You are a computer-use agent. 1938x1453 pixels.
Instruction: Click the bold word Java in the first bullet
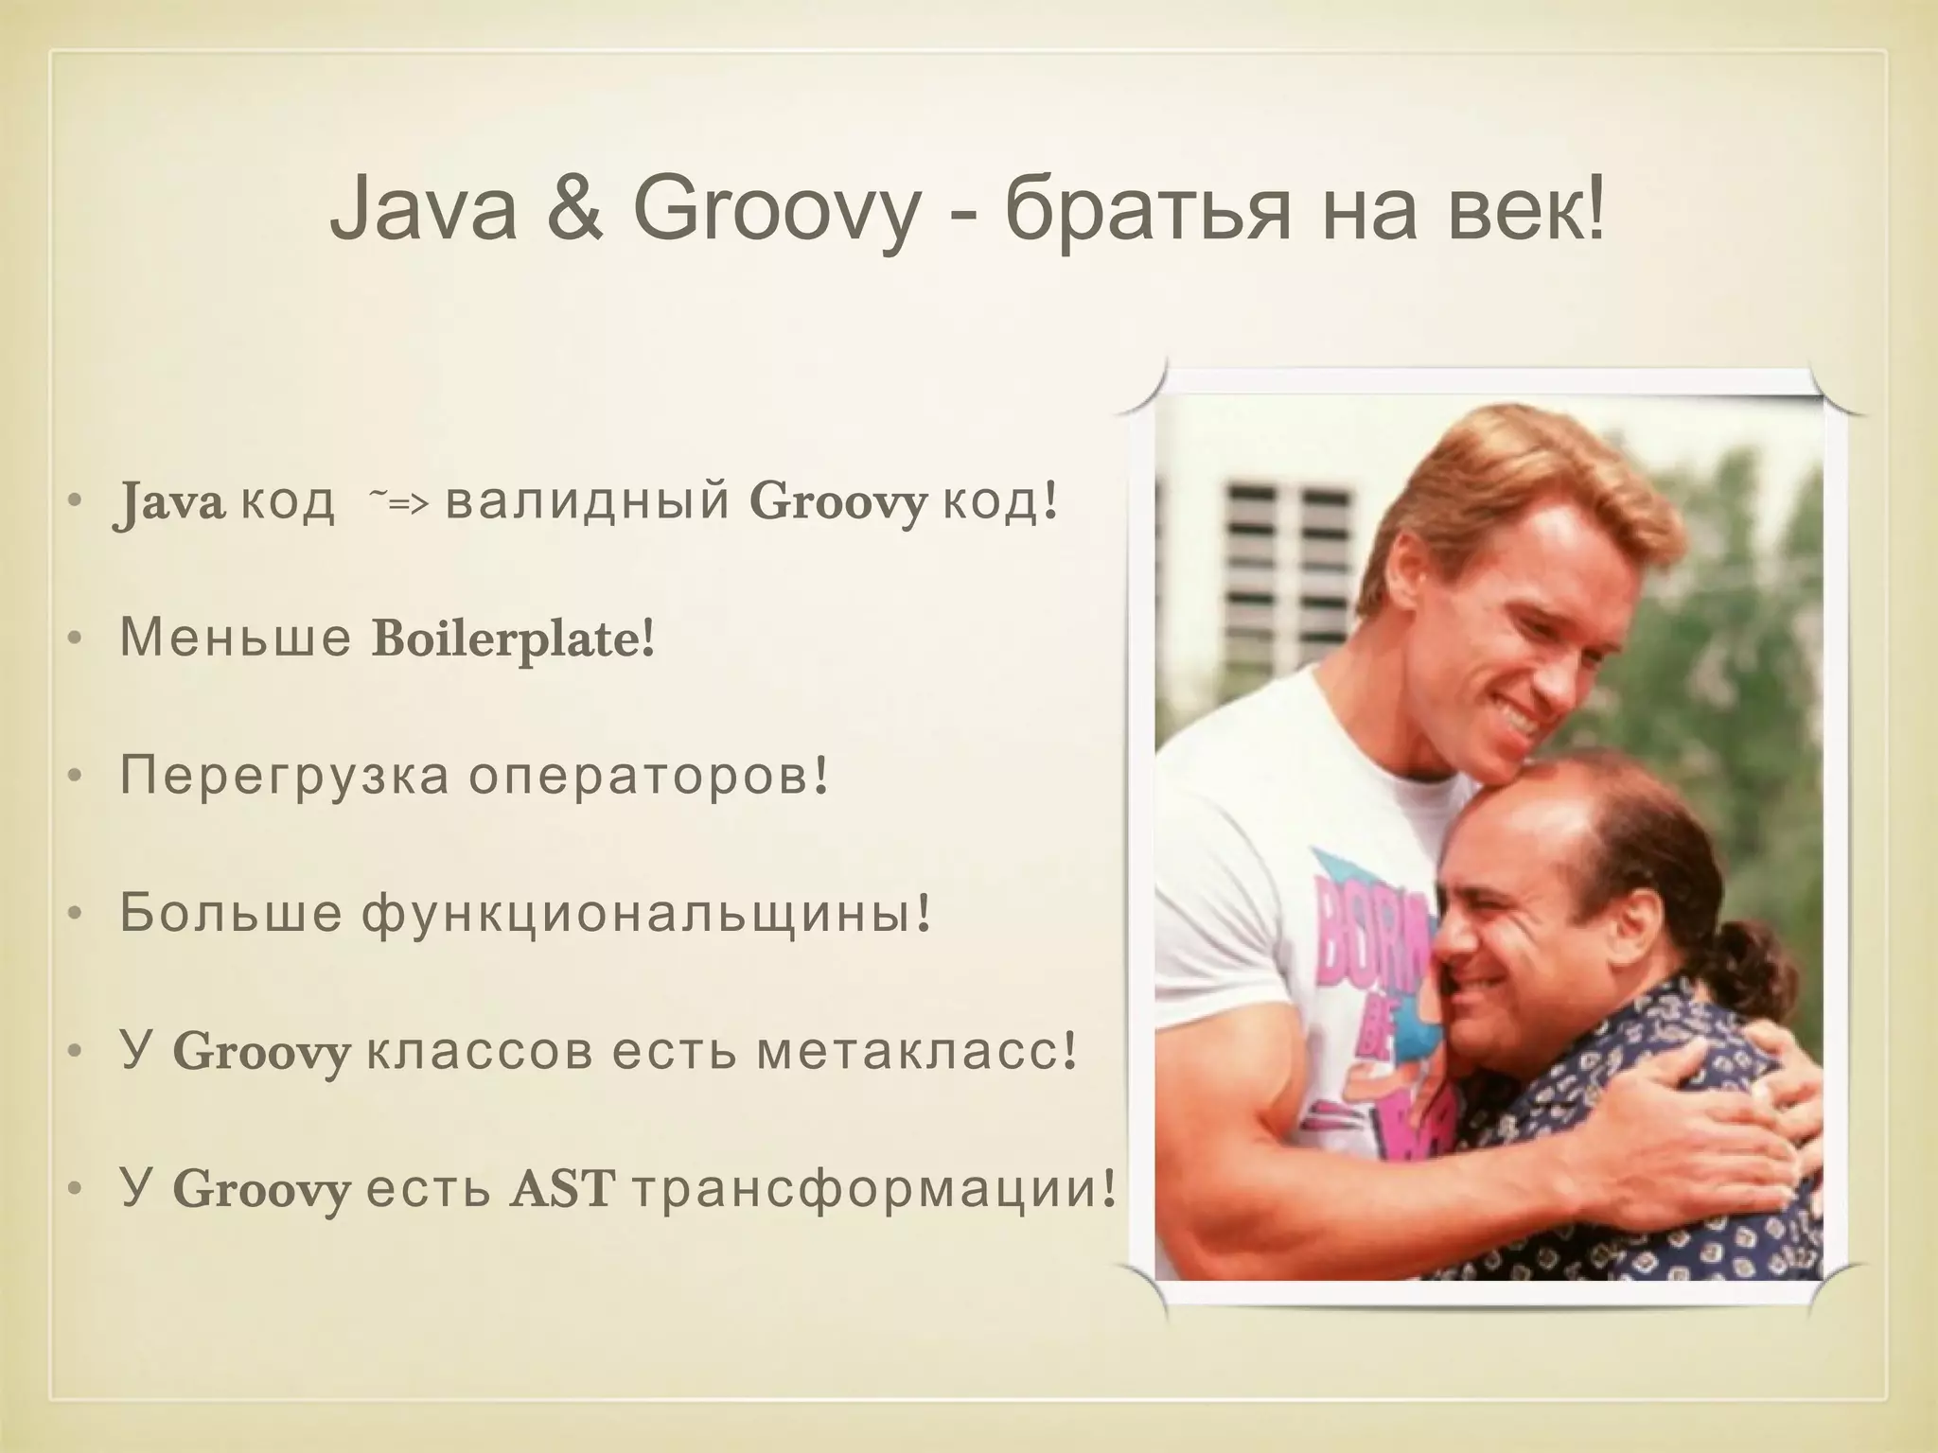[168, 501]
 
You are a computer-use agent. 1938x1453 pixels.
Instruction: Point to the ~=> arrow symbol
[397, 502]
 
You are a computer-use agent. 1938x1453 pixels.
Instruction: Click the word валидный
[587, 501]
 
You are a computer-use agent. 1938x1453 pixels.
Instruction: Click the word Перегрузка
[284, 778]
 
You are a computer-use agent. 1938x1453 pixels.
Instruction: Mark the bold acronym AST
[562, 1189]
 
